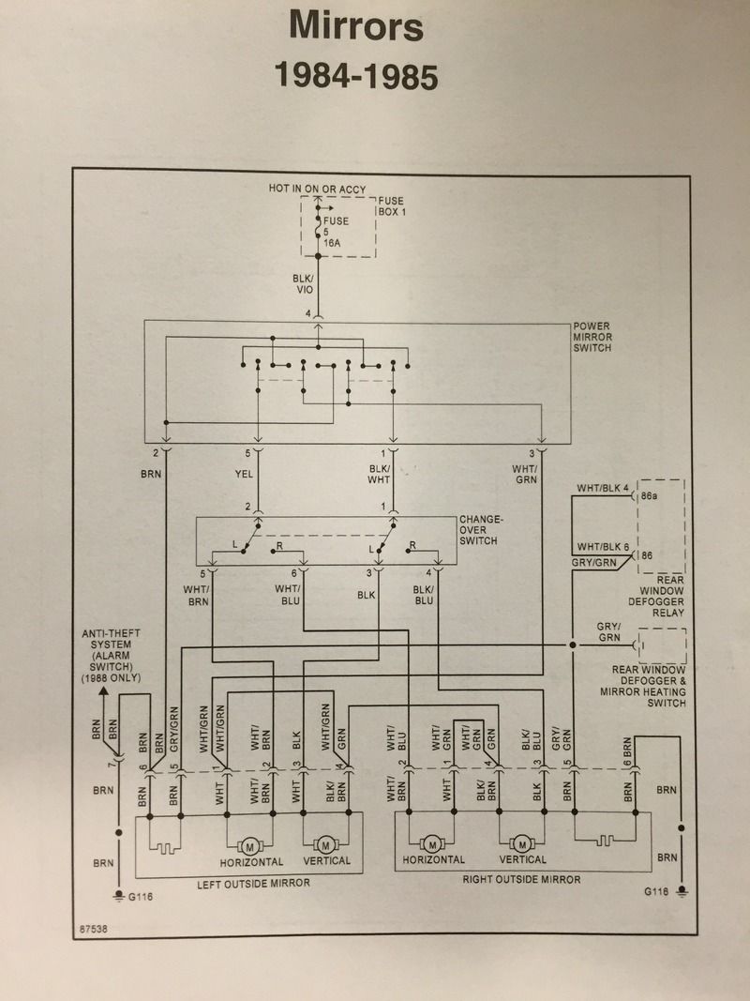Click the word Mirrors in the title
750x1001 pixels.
coord(356,26)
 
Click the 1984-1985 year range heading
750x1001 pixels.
coord(356,76)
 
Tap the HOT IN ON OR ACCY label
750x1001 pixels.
coord(318,189)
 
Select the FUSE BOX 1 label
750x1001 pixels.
coord(392,206)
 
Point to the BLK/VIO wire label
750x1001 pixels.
coord(304,284)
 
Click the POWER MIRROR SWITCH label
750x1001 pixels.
coord(592,337)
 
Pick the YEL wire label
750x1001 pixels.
coord(244,474)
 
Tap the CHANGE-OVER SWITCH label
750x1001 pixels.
coord(478,530)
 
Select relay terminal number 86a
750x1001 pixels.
coord(650,495)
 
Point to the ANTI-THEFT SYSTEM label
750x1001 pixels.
coord(111,656)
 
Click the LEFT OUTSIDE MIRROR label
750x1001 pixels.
coord(253,884)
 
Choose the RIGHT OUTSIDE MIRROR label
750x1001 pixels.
coord(521,880)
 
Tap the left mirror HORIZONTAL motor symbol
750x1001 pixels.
coord(250,847)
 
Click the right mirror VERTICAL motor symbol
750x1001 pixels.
coord(522,844)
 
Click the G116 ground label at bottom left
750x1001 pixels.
coord(141,896)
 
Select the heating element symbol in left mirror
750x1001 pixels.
coord(165,848)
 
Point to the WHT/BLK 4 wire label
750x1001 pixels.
coord(604,489)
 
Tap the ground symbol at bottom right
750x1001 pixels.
coord(682,890)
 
